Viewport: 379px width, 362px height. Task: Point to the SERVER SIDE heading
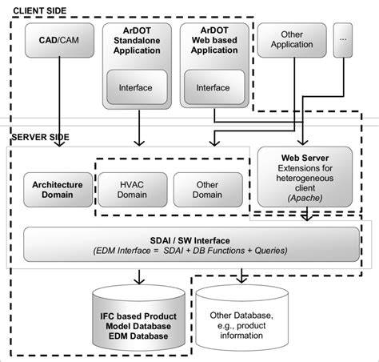tap(38, 136)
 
